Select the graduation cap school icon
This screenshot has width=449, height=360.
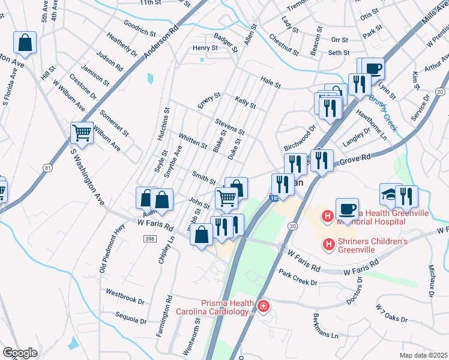390,195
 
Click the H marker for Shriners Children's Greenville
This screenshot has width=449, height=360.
328,244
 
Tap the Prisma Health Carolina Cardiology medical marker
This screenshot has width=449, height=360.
262,307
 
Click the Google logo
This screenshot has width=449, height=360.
20,353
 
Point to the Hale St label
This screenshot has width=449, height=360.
270,82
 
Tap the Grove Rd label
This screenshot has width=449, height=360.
353,160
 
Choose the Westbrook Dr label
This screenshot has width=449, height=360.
125,298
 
